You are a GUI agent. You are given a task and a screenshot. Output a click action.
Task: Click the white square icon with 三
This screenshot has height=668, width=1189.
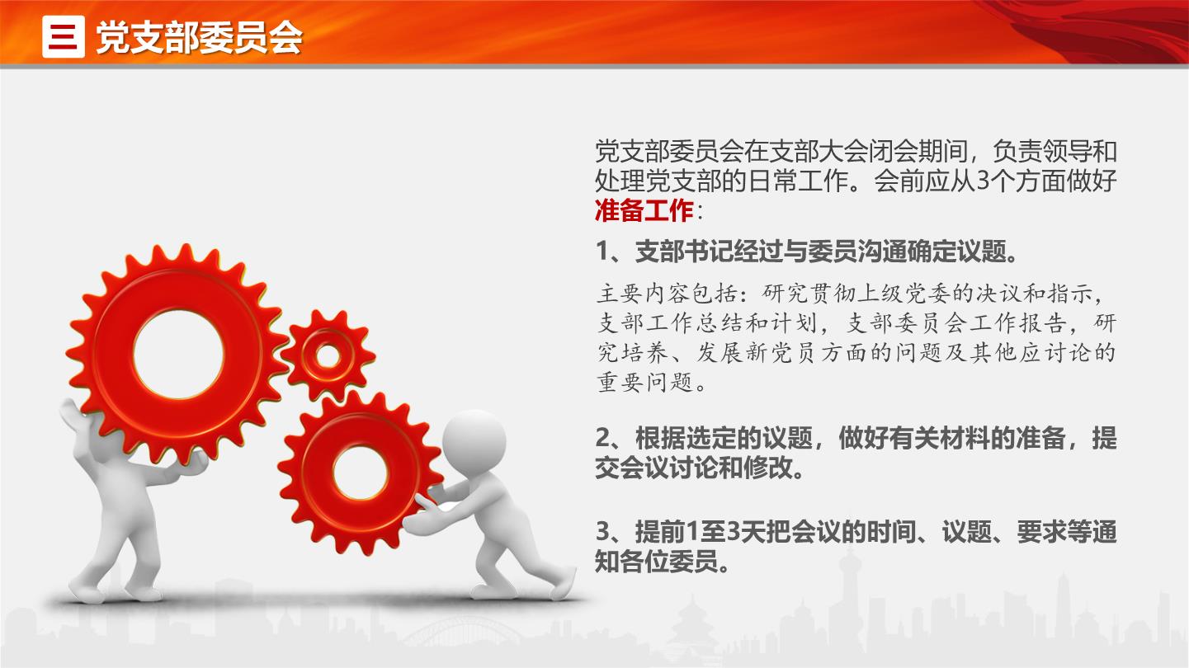coord(64,36)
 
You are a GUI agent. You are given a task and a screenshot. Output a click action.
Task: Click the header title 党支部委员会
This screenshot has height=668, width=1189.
coord(199,38)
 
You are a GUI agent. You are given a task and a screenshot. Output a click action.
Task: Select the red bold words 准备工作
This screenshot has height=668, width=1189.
coord(644,210)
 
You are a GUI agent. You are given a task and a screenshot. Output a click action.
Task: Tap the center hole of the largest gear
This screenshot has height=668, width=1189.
coord(178,355)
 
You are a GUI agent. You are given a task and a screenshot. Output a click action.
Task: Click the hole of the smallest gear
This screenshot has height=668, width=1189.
coord(328,356)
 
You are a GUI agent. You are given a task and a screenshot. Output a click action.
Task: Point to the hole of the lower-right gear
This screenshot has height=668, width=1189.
coord(361,473)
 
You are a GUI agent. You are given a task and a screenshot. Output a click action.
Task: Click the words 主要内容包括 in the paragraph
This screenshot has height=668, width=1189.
coord(668,294)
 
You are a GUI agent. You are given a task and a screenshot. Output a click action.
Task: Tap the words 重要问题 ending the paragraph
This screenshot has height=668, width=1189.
coord(645,382)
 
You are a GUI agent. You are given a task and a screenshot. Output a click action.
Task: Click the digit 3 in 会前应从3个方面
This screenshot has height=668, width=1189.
coord(983,181)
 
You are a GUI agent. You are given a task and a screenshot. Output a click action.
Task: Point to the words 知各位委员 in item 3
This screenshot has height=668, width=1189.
coord(657,562)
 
